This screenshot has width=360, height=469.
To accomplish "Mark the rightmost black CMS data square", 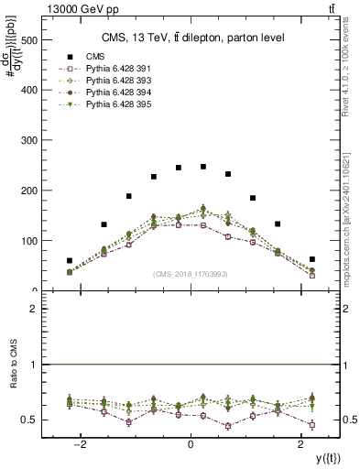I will tap(312, 259).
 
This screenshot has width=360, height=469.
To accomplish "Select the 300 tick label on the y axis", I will tap(26, 141).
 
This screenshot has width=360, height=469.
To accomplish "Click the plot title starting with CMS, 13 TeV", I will tap(191, 38).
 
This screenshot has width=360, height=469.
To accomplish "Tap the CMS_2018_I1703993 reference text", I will tap(191, 273).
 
